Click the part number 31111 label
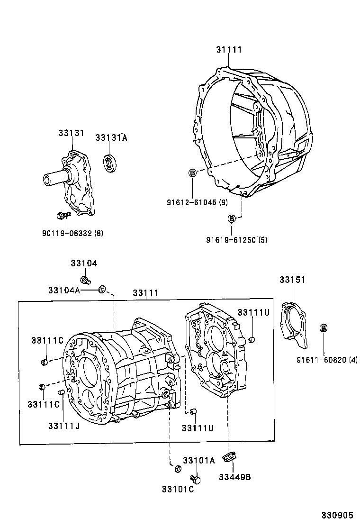pos(229,50)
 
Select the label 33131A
pos(111,137)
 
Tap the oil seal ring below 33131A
pos(111,164)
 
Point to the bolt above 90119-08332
pos(61,216)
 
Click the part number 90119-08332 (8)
pos(72,233)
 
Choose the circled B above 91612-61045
pos(192,173)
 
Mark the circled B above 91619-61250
pos(232,218)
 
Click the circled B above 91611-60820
pos(324,328)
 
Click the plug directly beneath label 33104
pos(86,279)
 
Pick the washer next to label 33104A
pos(102,289)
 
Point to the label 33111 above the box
pos(145,293)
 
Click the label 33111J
pos(63,426)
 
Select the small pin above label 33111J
pos(61,392)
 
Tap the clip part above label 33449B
pos(231,459)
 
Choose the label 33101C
pos(177,490)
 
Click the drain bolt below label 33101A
pos(196,479)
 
